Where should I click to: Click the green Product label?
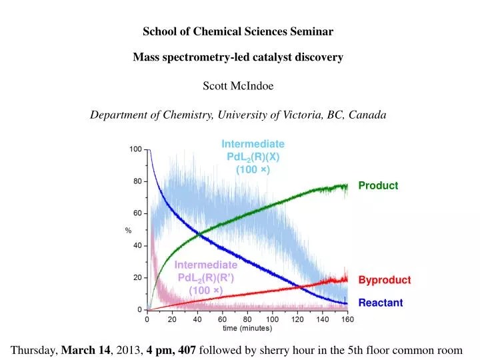(x=378, y=186)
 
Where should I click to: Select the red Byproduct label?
(x=385, y=280)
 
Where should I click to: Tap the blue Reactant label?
(x=381, y=303)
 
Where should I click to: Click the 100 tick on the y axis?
(x=135, y=149)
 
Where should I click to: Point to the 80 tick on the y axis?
(x=137, y=181)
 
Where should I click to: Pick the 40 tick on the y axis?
(x=137, y=245)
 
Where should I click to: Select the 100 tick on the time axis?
(x=272, y=319)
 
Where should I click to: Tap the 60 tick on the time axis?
(x=223, y=319)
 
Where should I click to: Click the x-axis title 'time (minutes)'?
(x=247, y=329)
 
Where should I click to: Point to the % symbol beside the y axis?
(x=128, y=230)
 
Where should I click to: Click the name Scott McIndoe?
(x=238, y=85)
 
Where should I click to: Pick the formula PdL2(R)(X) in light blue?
(x=253, y=157)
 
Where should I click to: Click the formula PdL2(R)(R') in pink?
(x=206, y=277)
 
